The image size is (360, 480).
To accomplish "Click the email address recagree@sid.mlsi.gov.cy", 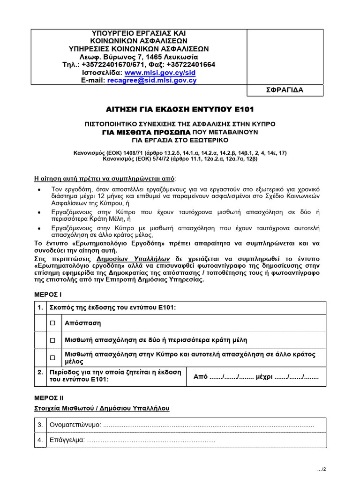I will pyautogui.click(x=152, y=80).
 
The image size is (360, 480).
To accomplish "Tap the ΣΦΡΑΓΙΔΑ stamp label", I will pyautogui.click(x=285, y=90).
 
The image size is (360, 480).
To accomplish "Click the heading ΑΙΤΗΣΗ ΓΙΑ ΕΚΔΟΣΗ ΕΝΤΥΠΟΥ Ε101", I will pyautogui.click(x=180, y=109).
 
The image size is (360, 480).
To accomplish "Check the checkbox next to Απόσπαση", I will pyautogui.click(x=53, y=323).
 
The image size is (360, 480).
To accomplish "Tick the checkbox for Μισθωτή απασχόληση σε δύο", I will pyautogui.click(x=53, y=340).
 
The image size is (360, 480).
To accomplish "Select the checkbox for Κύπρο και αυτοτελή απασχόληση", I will pyautogui.click(x=53, y=358).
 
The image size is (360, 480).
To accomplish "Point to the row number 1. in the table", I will pyautogui.click(x=41, y=307).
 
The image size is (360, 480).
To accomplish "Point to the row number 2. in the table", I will pyautogui.click(x=41, y=372).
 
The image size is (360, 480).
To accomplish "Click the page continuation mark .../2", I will pyautogui.click(x=321, y=469).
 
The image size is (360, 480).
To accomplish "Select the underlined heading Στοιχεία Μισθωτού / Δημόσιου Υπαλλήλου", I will pyautogui.click(x=102, y=408).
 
